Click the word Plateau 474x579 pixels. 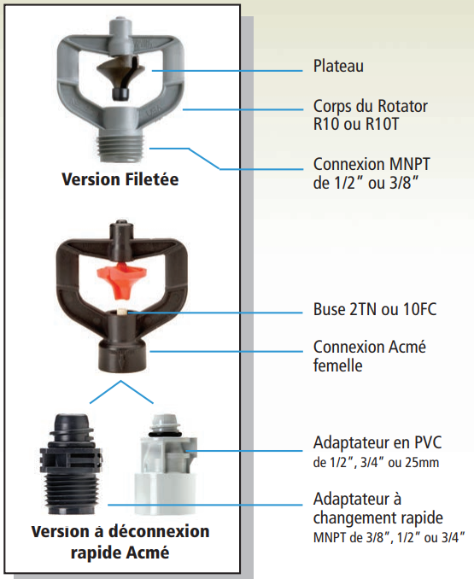(x=338, y=66)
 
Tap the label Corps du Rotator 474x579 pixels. (x=371, y=106)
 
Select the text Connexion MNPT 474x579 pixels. (x=372, y=164)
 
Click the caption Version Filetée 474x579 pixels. (x=120, y=179)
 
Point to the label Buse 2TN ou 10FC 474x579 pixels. (x=375, y=309)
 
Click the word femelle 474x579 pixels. (x=338, y=366)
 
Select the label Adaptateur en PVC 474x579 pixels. (x=377, y=442)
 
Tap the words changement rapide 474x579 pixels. (x=378, y=518)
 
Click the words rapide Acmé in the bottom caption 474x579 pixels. (x=120, y=553)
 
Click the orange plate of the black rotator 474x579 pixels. (x=122, y=278)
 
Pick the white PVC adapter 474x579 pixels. (x=165, y=465)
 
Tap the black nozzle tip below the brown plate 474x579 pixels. (x=120, y=94)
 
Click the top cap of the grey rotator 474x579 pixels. (x=120, y=33)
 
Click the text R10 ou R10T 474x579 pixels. (x=356, y=124)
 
